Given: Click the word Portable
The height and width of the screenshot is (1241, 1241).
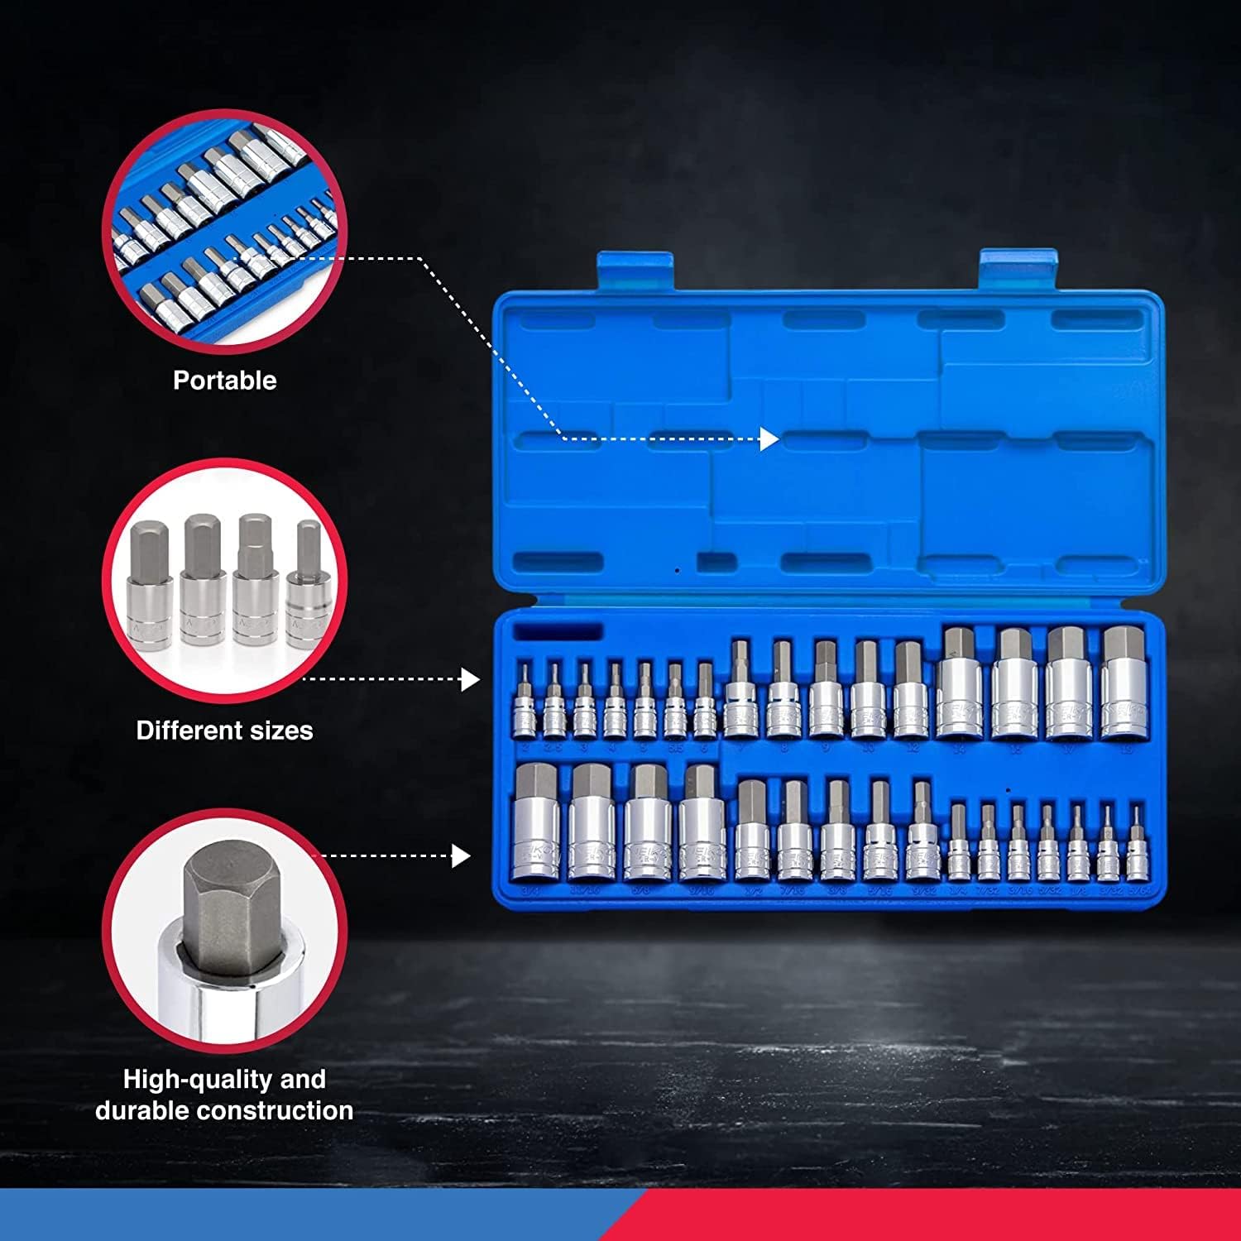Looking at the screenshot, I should click(224, 381).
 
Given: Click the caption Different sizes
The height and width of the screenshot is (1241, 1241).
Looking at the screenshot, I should click(224, 731).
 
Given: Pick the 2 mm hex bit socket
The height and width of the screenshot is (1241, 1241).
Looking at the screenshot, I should click(524, 703).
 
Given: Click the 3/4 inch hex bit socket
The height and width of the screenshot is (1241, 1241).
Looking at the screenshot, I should click(535, 823).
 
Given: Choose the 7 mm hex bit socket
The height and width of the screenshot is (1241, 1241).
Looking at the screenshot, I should click(740, 692).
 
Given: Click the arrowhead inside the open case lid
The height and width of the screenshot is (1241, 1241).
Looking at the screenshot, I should click(769, 439).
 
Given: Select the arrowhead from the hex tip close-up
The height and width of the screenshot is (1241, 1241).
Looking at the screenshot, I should click(462, 855).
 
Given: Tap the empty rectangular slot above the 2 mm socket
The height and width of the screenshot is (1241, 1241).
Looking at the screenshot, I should click(558, 633).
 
